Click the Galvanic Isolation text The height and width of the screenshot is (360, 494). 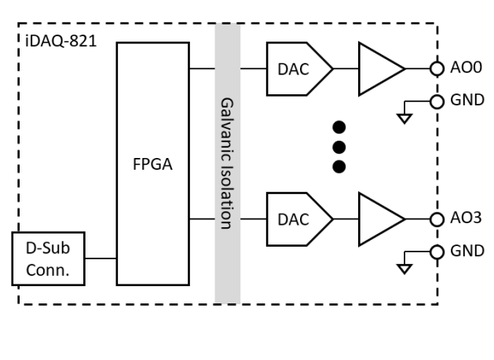click(227, 163)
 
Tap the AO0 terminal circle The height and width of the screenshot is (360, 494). click(437, 68)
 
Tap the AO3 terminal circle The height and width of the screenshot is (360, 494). click(437, 219)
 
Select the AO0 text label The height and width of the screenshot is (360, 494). click(464, 68)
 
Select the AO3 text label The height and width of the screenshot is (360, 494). click(464, 219)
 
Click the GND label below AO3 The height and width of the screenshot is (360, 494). click(467, 252)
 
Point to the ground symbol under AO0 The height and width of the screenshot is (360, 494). click(405, 118)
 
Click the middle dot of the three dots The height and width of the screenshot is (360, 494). click(339, 145)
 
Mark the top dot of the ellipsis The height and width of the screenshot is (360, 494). click(339, 126)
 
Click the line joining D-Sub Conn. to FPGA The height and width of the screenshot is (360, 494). click(101, 258)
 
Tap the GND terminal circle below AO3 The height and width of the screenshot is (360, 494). click(437, 252)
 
